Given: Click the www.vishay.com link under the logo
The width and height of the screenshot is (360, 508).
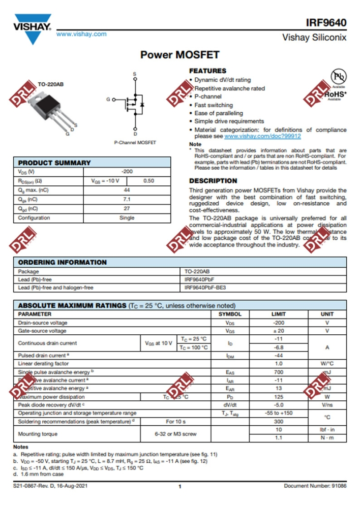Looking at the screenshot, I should tap(81, 34).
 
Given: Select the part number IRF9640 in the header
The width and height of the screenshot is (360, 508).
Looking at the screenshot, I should tap(326, 23).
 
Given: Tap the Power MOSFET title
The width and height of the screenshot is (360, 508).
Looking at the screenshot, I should tap(179, 54).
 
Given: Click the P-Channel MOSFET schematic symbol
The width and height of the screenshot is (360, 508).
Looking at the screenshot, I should tap(134, 104).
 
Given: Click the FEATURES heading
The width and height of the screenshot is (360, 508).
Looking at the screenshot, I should tap(207, 71).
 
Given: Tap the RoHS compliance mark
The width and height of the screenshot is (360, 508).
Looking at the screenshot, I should tap(335, 94).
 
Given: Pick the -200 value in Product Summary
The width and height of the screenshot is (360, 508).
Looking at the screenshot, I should tap(127, 172).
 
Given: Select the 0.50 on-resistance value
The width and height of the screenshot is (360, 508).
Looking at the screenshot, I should tap(148, 181).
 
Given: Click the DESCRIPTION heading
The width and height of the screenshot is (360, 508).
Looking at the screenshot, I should tap(213, 181).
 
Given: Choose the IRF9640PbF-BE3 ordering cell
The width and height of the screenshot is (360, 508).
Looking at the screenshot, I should tap(205, 288).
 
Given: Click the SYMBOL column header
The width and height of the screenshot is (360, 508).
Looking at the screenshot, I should tap(230, 314).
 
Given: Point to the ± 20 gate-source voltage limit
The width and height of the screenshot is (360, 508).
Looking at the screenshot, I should tap(278, 331).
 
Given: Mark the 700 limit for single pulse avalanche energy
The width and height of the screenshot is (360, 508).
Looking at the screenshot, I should tap(278, 372).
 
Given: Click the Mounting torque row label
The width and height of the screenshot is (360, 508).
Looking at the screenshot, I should tap(38, 434).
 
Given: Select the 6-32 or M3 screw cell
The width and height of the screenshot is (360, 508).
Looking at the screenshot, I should tap(175, 434).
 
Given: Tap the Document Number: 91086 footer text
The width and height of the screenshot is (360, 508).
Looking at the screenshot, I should tap(315, 486).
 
